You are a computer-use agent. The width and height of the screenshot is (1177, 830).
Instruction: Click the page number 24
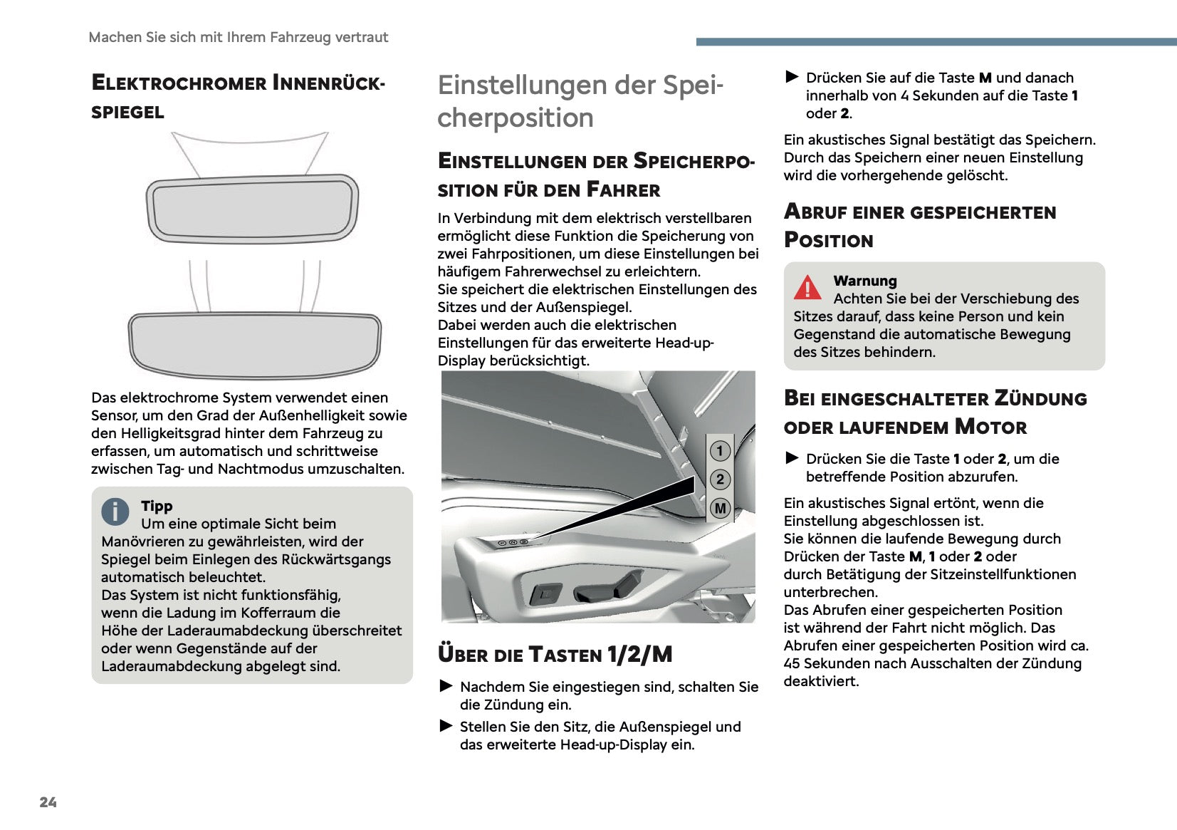click(x=48, y=802)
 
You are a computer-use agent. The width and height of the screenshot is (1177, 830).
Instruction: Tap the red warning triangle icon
click(x=807, y=287)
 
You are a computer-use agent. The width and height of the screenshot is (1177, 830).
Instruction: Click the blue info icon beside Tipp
click(x=115, y=511)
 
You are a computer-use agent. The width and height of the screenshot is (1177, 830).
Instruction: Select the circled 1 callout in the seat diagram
click(x=720, y=450)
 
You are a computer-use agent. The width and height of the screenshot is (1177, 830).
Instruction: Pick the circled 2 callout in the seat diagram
click(x=720, y=479)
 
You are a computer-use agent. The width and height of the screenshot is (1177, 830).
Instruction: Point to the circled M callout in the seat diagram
click(x=720, y=509)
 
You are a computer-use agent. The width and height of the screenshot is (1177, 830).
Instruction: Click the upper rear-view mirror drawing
click(x=252, y=207)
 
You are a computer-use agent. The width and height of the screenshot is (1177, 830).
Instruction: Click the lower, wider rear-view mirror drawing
click(x=254, y=344)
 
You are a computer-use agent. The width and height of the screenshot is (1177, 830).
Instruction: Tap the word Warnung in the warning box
click(x=865, y=281)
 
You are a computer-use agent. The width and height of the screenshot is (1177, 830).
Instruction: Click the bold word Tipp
click(x=157, y=506)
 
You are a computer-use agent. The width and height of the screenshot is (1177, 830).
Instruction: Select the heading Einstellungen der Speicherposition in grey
click(x=580, y=101)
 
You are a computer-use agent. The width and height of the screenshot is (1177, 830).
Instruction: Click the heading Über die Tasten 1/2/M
click(x=555, y=654)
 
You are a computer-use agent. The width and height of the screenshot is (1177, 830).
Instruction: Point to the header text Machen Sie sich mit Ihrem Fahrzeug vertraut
click(x=239, y=37)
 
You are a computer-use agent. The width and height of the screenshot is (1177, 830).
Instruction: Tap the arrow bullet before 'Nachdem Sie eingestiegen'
click(x=446, y=686)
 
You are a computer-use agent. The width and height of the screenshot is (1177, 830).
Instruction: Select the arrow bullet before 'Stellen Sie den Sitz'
click(x=446, y=726)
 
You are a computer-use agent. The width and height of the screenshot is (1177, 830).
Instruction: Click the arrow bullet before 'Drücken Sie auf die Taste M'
click(x=792, y=76)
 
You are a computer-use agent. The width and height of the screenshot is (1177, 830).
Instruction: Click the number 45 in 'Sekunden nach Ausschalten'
click(x=792, y=663)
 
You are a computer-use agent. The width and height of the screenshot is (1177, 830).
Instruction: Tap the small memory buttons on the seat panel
click(x=513, y=543)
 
